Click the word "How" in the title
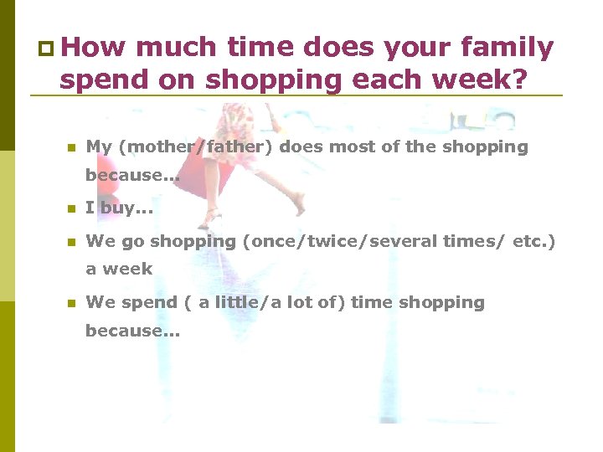tap(93, 49)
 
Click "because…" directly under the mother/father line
tap(132, 176)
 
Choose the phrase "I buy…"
tap(119, 208)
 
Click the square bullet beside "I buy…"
tap(71, 209)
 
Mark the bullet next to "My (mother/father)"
tap(71, 148)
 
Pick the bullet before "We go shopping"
tap(71, 242)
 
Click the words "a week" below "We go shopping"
tap(119, 270)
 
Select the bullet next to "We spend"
tap(71, 303)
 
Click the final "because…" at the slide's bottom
tap(132, 331)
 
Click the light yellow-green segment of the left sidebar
tap(7, 226)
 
